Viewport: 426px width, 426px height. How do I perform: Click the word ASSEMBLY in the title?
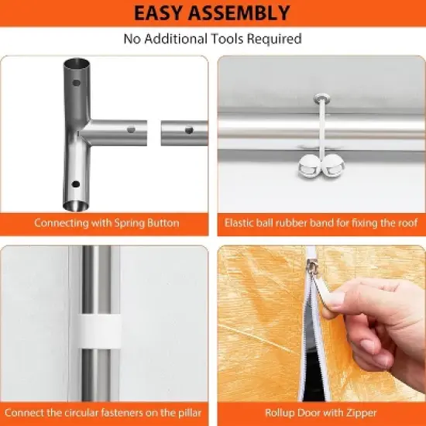click(239, 12)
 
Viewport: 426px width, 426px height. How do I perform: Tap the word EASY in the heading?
click(158, 12)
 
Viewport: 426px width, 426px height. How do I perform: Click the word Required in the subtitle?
click(274, 39)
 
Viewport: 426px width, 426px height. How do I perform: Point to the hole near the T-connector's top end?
click(77, 82)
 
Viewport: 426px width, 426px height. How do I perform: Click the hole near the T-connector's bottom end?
click(76, 184)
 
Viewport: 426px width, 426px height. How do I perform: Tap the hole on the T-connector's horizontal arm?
click(131, 129)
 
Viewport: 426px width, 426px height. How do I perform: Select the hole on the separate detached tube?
click(189, 130)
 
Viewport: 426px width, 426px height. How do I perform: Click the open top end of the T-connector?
click(77, 64)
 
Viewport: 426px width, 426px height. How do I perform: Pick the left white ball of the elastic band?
click(310, 166)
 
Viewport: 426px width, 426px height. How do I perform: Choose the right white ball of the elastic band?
click(333, 166)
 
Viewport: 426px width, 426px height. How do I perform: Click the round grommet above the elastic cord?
click(321, 98)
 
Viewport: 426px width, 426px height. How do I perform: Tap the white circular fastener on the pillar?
click(100, 332)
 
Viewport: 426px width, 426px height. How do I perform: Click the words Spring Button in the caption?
click(146, 223)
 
